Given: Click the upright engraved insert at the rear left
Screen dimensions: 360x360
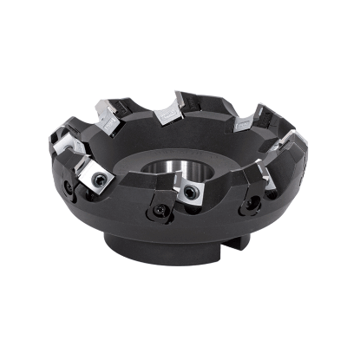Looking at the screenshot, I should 108,116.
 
